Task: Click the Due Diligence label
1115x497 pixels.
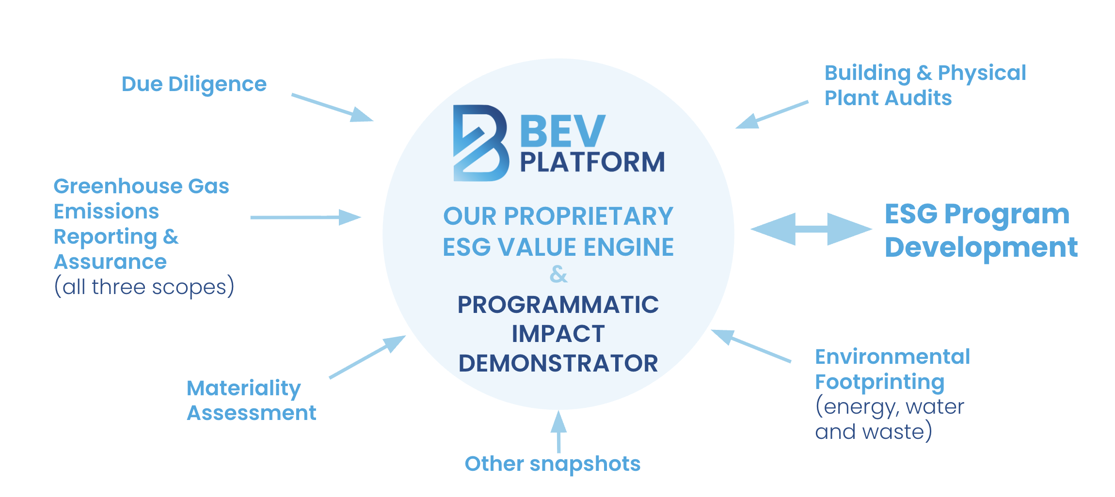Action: (194, 84)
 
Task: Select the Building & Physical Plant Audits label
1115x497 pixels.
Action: (925, 85)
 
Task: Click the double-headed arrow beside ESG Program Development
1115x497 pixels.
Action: (811, 229)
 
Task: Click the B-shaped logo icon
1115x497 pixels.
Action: (480, 143)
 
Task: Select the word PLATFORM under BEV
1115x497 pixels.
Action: (592, 162)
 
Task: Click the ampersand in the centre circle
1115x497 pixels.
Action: (558, 274)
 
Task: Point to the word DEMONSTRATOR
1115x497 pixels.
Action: (558, 363)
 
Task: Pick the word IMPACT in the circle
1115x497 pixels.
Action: (558, 334)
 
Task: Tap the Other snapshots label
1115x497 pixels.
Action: (553, 464)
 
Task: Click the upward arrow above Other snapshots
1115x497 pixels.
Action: (558, 431)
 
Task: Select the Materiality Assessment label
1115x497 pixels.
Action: (251, 401)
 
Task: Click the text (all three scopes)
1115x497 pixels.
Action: (144, 287)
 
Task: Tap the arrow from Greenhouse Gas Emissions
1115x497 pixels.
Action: (305, 217)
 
